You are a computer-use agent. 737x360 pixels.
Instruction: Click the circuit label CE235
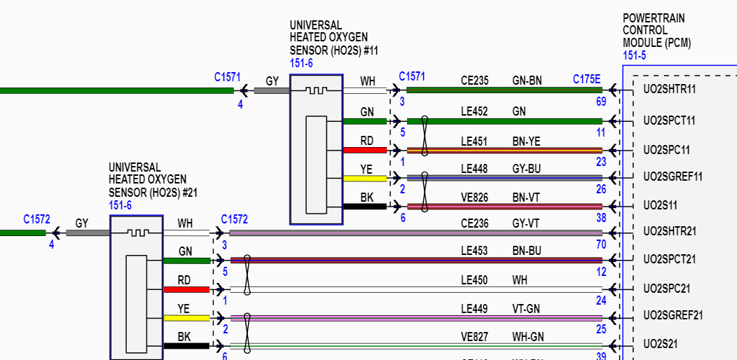click(474, 81)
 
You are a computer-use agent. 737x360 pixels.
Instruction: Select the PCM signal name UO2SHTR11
click(669, 90)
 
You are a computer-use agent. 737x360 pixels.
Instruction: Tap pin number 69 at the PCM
click(600, 102)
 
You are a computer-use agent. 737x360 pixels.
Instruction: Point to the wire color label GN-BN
click(527, 81)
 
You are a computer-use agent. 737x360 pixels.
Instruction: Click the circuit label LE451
click(474, 141)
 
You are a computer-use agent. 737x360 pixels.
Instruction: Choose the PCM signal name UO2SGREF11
click(673, 176)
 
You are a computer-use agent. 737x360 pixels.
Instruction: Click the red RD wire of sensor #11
click(365, 150)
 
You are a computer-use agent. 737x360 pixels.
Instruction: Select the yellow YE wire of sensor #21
click(186, 318)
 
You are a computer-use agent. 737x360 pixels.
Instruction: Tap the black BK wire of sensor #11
click(365, 206)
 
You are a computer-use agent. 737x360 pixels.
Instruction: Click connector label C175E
click(586, 79)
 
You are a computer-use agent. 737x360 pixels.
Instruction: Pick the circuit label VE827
click(474, 336)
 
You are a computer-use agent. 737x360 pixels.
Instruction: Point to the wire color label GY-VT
click(525, 223)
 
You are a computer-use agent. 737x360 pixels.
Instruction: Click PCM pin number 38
click(601, 218)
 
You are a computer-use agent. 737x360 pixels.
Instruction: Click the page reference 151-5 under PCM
click(635, 55)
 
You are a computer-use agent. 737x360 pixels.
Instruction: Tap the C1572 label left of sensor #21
click(36, 219)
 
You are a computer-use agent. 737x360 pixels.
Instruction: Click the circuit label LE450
click(474, 280)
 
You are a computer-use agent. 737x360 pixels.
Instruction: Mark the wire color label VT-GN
click(525, 308)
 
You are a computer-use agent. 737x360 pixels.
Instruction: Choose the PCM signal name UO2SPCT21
click(670, 260)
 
